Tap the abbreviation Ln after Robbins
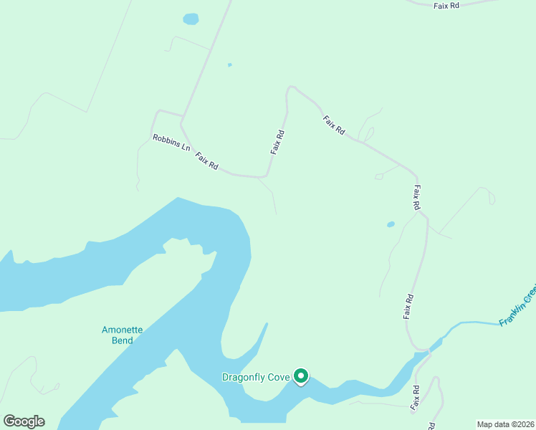(x=186, y=148)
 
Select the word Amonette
(x=123, y=330)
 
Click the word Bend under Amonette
(x=123, y=340)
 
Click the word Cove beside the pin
(x=280, y=377)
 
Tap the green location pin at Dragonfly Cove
(x=302, y=376)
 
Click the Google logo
(x=24, y=421)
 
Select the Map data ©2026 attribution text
(x=505, y=424)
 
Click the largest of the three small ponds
(x=191, y=19)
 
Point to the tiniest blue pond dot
(x=229, y=64)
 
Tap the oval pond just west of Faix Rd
(x=391, y=224)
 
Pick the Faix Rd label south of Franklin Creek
(x=415, y=398)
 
